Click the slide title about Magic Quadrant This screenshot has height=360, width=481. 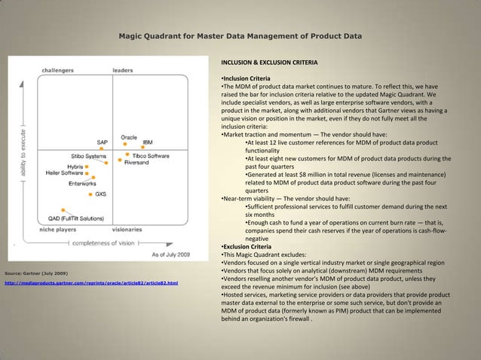point(240,36)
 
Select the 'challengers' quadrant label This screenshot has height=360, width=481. point(57,70)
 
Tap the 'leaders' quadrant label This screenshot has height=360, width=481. point(123,70)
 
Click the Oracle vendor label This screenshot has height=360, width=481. point(129,137)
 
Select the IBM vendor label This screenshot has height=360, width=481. point(149,142)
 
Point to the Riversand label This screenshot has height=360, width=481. point(141,163)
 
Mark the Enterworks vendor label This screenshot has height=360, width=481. point(82,183)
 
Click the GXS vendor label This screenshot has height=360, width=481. point(100,194)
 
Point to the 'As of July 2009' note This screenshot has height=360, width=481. point(176,255)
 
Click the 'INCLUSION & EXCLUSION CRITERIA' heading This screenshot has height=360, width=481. point(268,62)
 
